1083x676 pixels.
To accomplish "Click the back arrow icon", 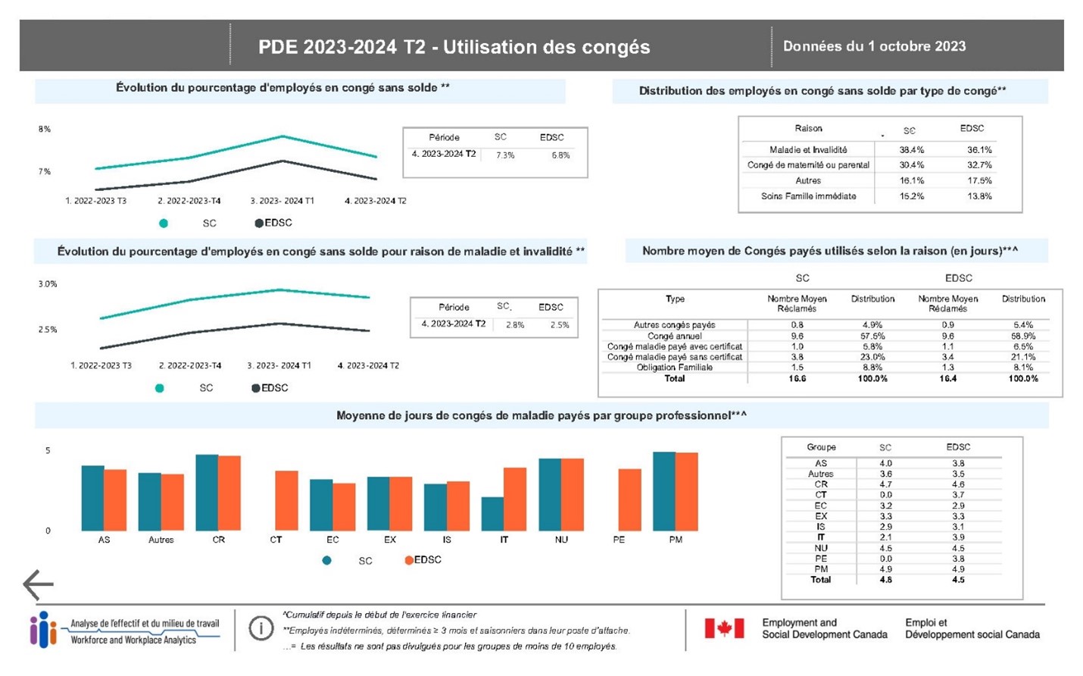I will (x=38, y=584).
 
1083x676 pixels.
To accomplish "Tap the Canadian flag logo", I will (x=724, y=628).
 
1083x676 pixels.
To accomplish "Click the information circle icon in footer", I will (x=261, y=628).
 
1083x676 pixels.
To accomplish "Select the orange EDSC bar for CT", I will (x=286, y=500).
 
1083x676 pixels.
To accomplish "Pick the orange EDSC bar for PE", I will (x=629, y=499).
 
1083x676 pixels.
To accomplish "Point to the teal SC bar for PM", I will (x=664, y=491).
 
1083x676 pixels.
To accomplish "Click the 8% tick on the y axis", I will (x=45, y=130).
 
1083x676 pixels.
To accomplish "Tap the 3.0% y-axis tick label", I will (x=48, y=284).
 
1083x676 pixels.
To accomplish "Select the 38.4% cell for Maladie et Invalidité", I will (x=911, y=150).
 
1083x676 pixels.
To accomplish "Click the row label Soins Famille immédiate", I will (x=808, y=196).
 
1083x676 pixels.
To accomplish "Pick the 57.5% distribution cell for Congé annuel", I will (x=872, y=336).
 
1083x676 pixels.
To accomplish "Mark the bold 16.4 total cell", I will (x=947, y=378).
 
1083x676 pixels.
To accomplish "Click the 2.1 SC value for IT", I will (x=885, y=537).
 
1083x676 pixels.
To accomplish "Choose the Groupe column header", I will (x=821, y=447).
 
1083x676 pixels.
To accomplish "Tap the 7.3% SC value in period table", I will (x=505, y=155).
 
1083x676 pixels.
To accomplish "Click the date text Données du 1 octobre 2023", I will (x=874, y=46).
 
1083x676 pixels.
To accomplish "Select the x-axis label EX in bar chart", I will (x=390, y=540).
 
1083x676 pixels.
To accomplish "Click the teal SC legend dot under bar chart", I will (x=326, y=561).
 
